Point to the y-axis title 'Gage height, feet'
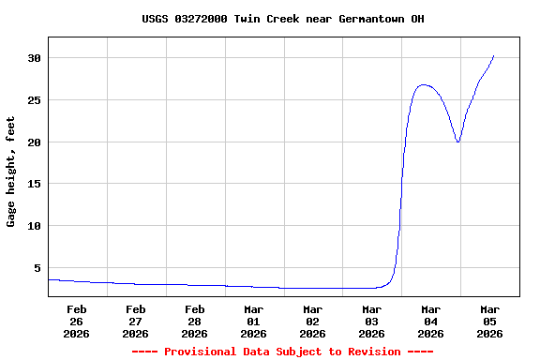coord(11,172)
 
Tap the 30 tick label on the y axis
coord(34,58)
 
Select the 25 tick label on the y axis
coord(34,100)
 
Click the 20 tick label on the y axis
coord(34,142)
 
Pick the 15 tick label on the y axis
coord(34,184)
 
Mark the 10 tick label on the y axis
coord(34,226)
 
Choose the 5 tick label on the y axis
coord(37,268)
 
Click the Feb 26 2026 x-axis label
coord(77,321)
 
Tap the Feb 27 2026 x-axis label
coord(136,321)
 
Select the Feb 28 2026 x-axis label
coord(195,321)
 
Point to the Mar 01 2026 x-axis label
coord(254,321)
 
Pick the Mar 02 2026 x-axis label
coord(313,321)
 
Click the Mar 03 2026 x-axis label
coord(372,321)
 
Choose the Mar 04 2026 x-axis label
coord(431,321)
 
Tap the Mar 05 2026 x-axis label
coord(489,321)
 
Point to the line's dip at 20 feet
coord(457,142)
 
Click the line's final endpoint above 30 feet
coord(493,55)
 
